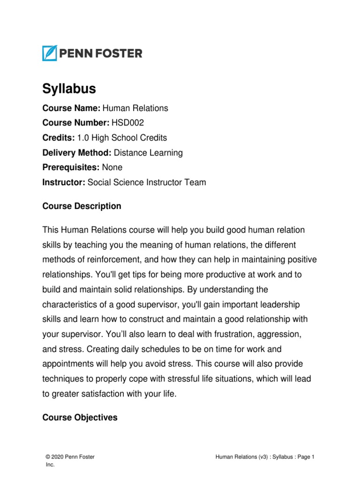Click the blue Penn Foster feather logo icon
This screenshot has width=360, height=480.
50,53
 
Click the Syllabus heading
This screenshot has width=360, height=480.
69,89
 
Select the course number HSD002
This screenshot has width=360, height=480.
127,123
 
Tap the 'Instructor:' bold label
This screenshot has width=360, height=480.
64,182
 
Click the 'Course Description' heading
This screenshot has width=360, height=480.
82,206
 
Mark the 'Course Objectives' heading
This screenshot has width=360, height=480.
80,417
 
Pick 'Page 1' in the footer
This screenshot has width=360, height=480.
305,457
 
